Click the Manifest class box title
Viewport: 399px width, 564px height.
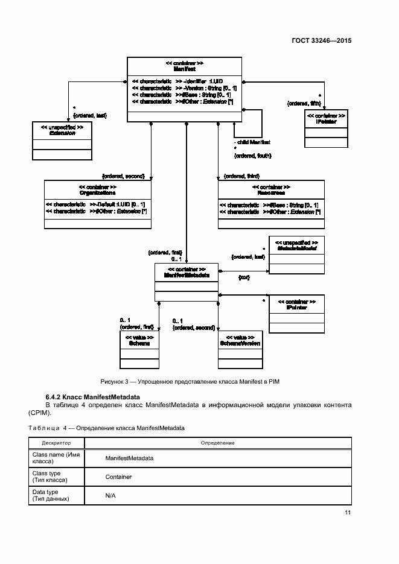[184, 66]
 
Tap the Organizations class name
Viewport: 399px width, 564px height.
[98, 193]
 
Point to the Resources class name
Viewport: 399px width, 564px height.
[270, 193]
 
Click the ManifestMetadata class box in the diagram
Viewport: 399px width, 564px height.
[187, 282]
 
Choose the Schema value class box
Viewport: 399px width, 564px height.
[139, 349]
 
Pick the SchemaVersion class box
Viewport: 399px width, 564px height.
[240, 349]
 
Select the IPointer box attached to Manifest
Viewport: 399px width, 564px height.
[326, 129]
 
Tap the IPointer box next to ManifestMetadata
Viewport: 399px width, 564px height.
[296, 314]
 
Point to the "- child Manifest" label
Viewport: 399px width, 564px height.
[252, 142]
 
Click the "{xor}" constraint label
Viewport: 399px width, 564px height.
[244, 277]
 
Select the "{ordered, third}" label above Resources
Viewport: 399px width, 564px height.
[241, 176]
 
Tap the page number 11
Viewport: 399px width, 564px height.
[348, 513]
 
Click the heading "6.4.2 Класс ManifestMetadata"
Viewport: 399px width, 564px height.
[92, 397]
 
